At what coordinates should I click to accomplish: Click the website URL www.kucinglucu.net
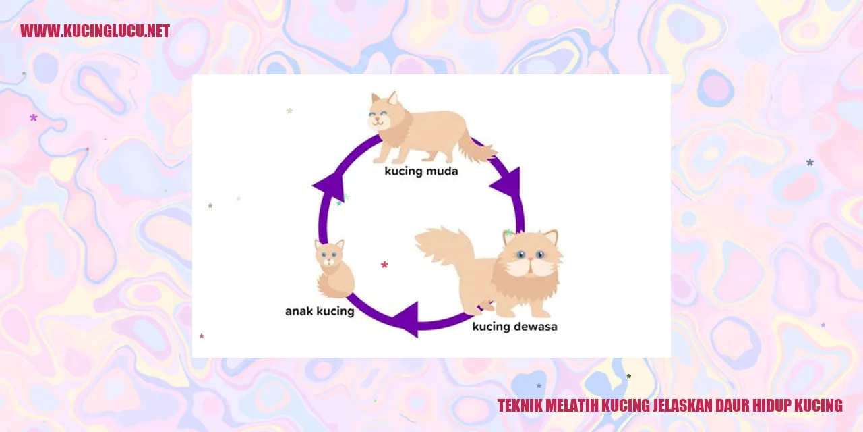[95, 31]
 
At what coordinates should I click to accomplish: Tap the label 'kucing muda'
[421, 171]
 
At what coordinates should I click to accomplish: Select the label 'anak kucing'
[320, 311]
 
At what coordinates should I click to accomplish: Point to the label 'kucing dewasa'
[514, 327]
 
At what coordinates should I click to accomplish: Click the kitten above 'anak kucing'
[333, 269]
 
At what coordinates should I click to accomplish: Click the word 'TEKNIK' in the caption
[519, 406]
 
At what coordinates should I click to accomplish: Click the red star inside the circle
[384, 265]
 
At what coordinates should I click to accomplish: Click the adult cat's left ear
[509, 236]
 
